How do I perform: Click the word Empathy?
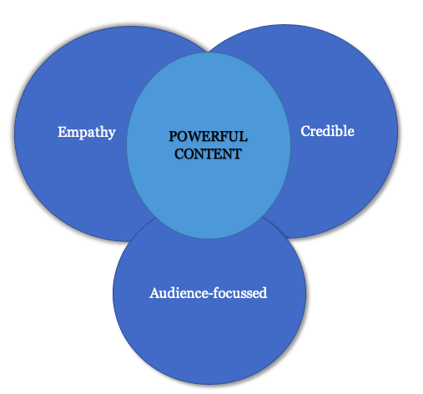point(87,132)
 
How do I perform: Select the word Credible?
point(327,131)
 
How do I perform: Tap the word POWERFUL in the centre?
point(208,136)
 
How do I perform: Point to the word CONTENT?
point(208,154)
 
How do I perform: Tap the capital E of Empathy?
point(63,132)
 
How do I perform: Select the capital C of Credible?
point(305,131)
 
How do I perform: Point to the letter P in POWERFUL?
point(173,136)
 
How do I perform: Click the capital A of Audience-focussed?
point(155,293)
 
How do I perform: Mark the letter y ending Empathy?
point(111,134)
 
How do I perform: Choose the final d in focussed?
point(263,293)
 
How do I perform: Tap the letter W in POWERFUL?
point(194,136)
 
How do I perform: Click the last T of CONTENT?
point(237,154)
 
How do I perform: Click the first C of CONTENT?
point(179,154)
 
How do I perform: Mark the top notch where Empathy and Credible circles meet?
point(208,51)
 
